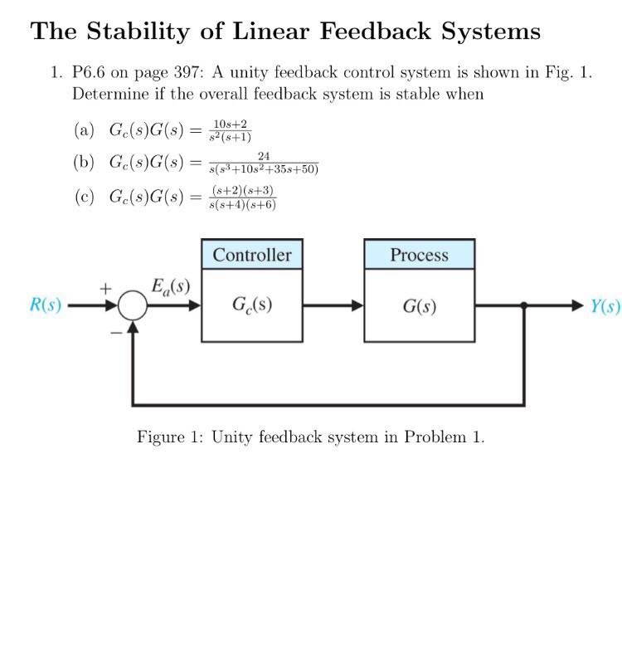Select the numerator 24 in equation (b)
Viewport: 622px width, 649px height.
coord(264,156)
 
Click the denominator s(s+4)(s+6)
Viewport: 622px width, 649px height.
coord(243,204)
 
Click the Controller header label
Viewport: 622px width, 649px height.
coord(252,255)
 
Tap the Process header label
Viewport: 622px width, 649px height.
coord(419,255)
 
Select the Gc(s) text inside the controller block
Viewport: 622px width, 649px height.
coord(252,305)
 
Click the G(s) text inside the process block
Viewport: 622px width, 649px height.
coord(419,305)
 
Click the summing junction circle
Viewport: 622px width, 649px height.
coord(132,306)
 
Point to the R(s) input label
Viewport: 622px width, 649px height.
coord(46,305)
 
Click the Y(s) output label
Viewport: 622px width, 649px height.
coord(605,305)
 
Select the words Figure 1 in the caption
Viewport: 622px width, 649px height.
coord(168,437)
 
